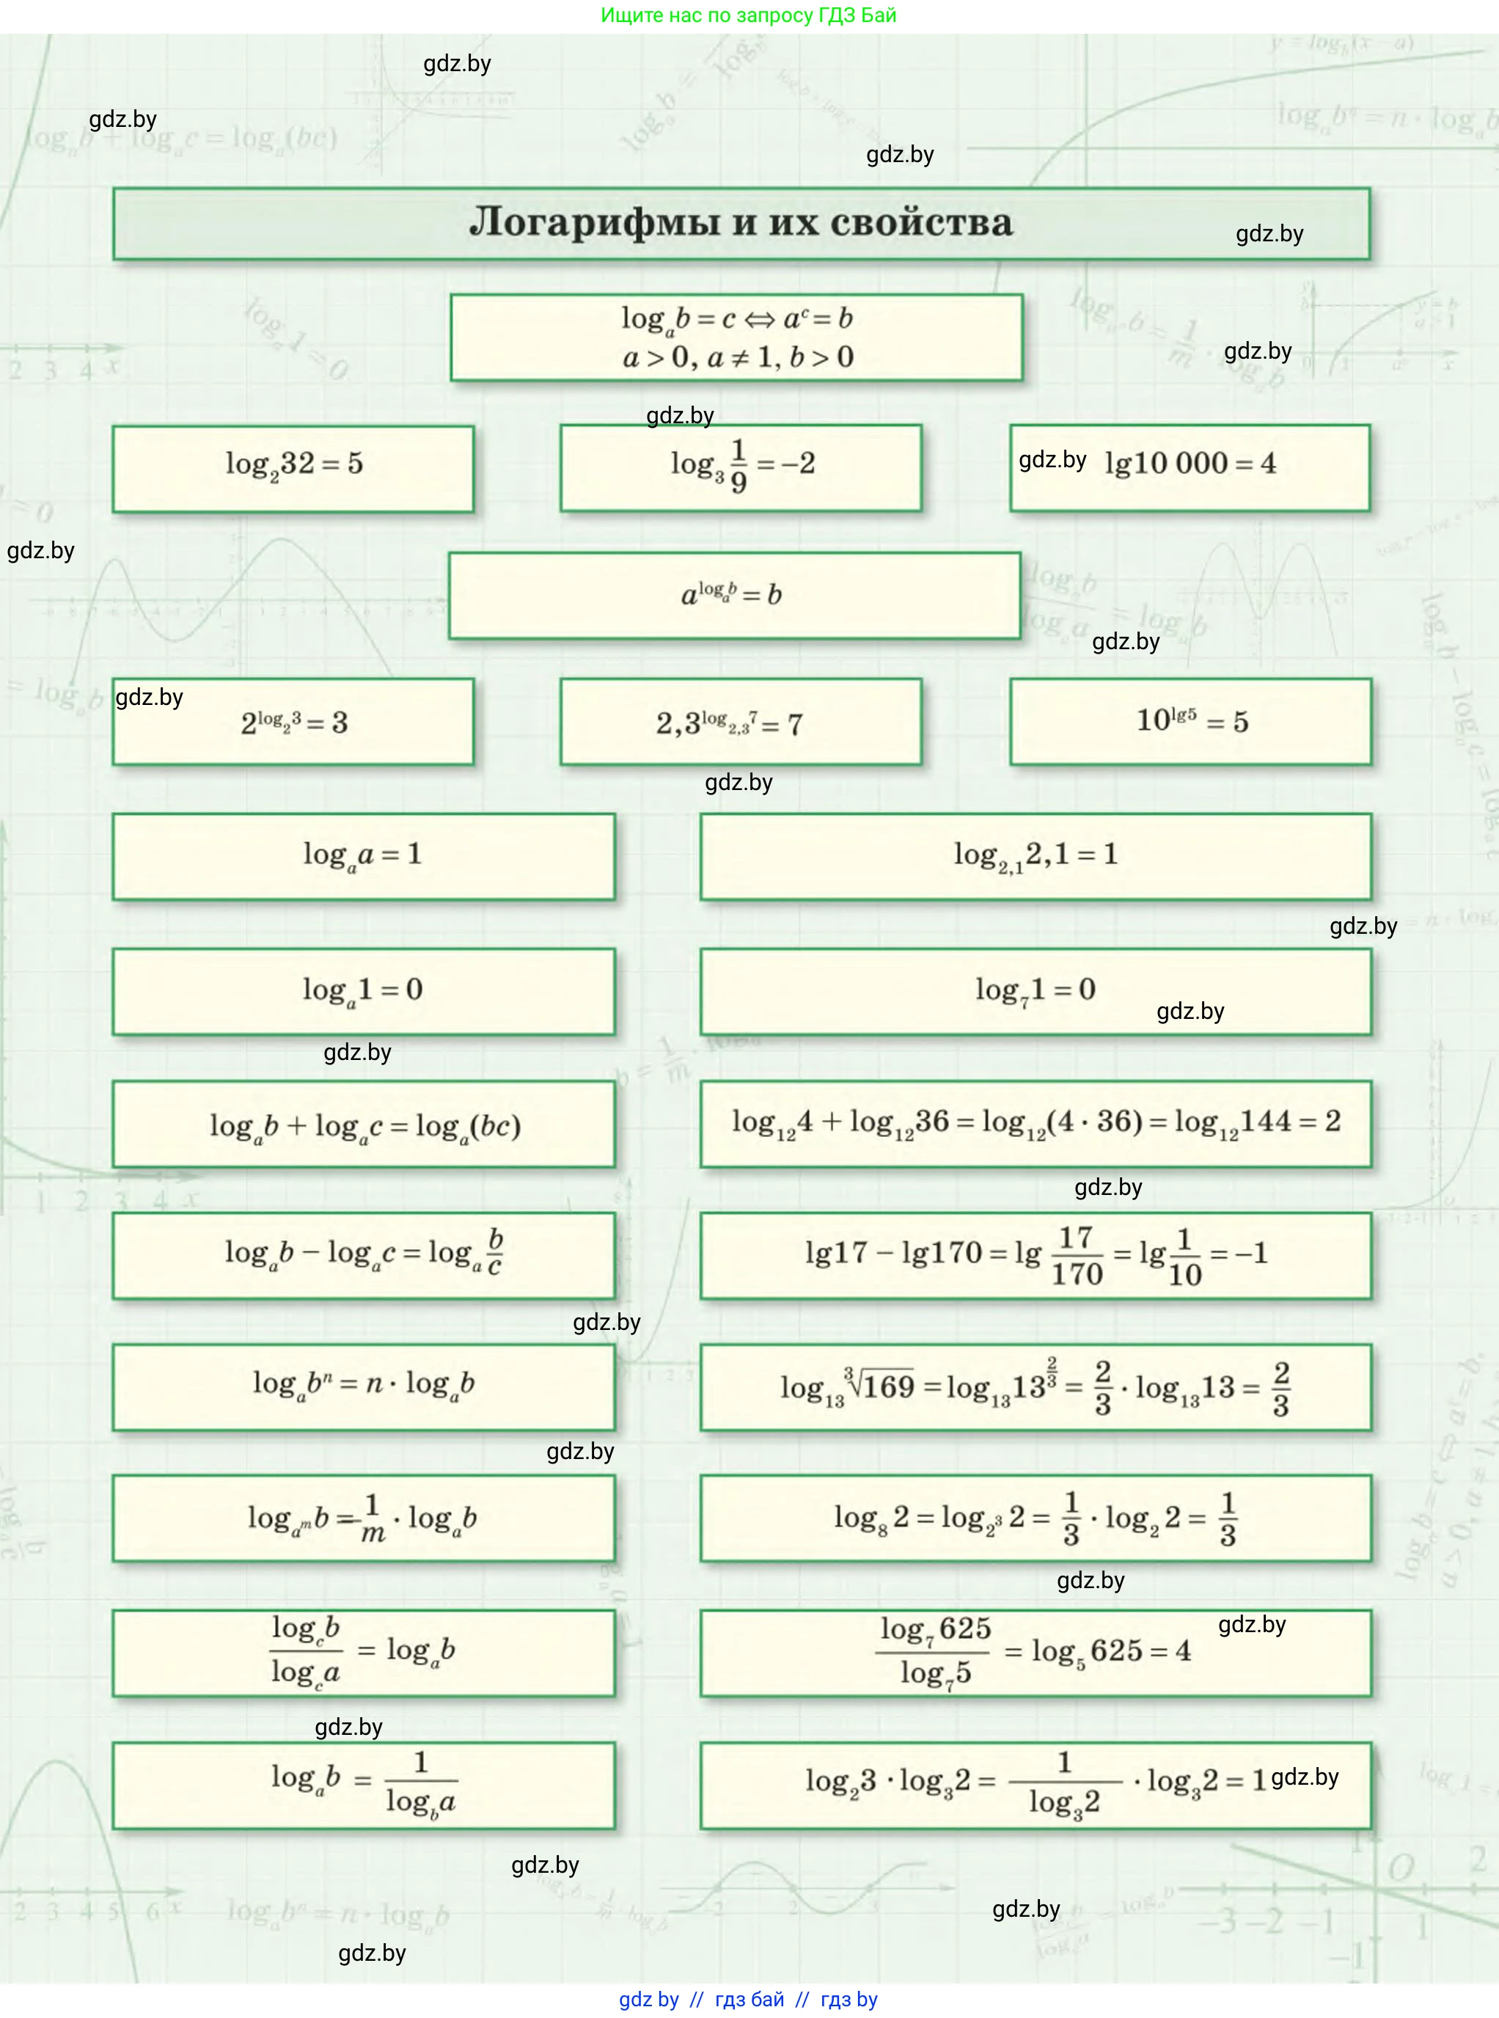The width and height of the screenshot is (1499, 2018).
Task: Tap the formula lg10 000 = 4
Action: click(x=1190, y=464)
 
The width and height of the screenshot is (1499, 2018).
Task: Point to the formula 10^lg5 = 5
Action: click(x=1192, y=721)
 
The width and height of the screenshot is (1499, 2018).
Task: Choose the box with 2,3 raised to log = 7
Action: click(x=729, y=723)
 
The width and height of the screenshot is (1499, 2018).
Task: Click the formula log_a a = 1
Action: click(x=363, y=855)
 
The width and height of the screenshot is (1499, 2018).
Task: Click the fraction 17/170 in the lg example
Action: click(x=1076, y=1256)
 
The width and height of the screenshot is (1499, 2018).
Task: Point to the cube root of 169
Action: click(x=879, y=1386)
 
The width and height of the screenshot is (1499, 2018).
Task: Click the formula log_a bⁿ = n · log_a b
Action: click(x=363, y=1386)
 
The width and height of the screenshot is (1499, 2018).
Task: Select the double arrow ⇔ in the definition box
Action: click(x=760, y=319)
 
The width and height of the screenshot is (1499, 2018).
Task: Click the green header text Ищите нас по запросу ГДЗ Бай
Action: click(x=749, y=15)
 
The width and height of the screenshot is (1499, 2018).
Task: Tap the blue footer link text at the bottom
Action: click(x=749, y=1999)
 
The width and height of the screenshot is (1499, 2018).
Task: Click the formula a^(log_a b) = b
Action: click(x=731, y=595)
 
